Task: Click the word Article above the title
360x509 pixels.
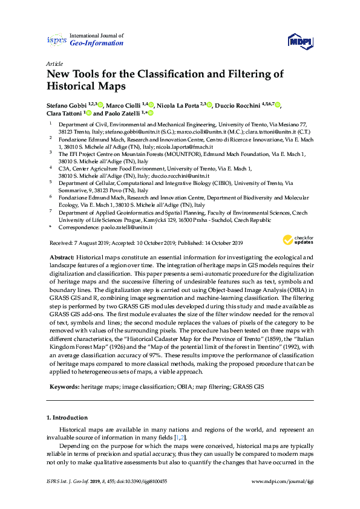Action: click(54, 63)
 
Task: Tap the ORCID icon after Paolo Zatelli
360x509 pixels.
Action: click(150, 113)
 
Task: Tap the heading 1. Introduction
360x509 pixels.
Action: click(67, 417)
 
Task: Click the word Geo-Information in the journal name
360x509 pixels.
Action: click(97, 43)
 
